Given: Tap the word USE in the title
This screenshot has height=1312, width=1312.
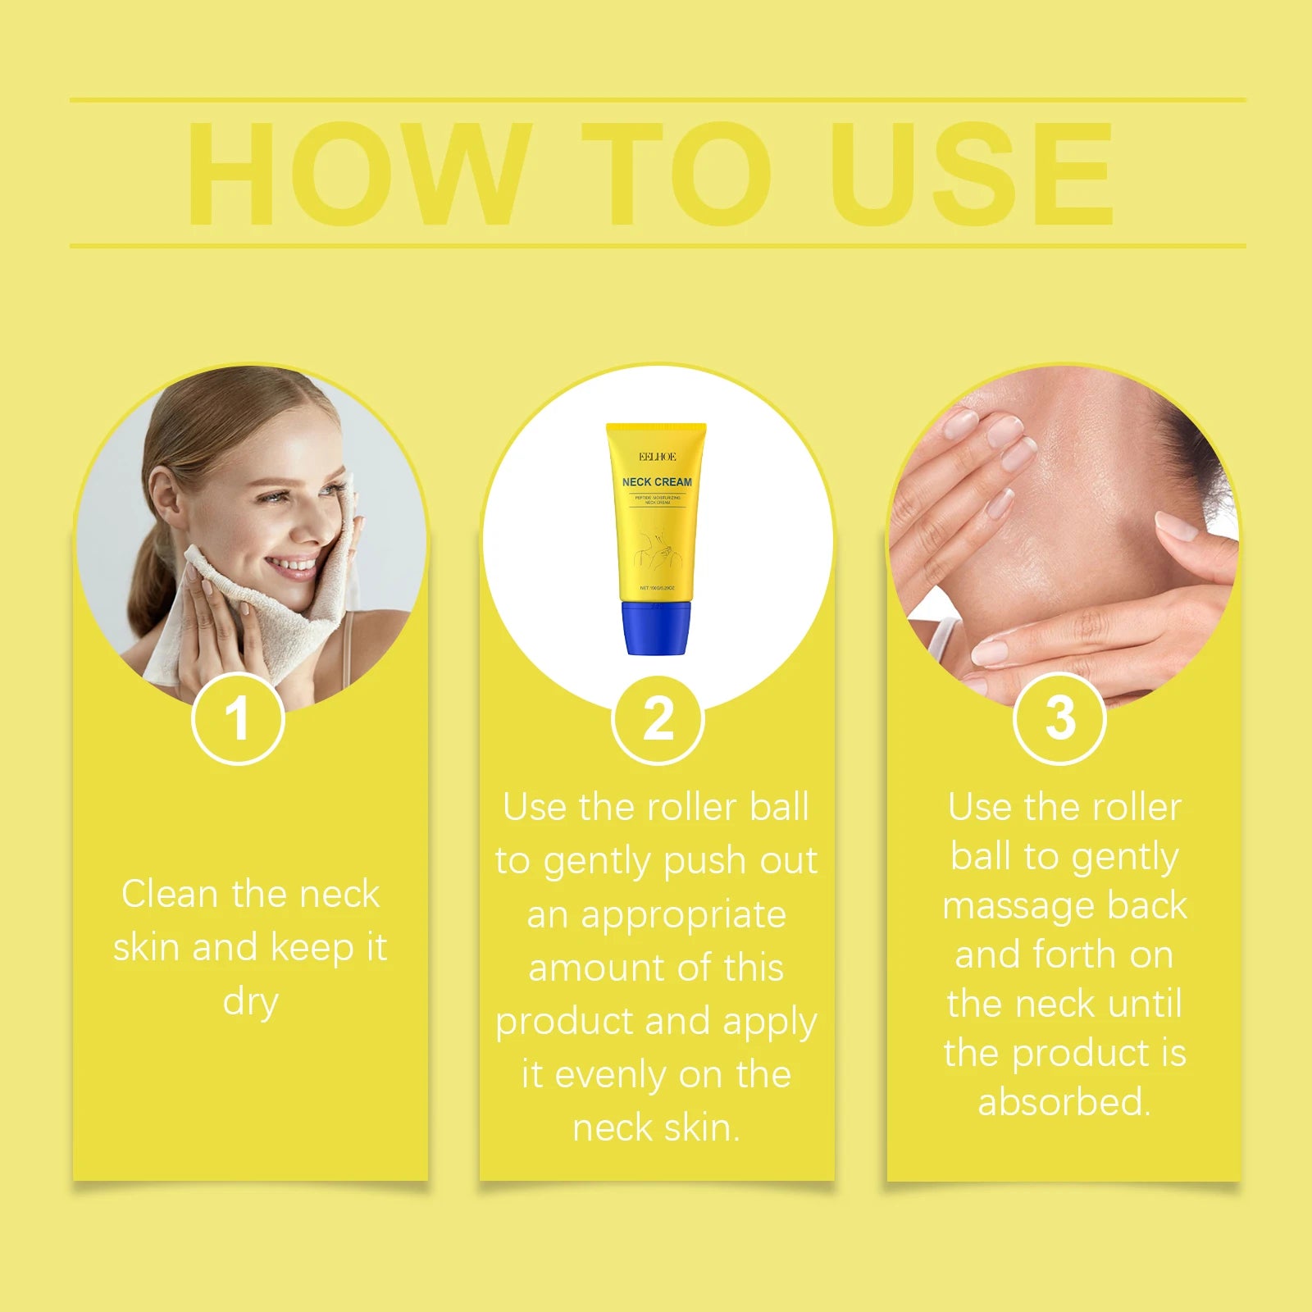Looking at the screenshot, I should click(973, 174).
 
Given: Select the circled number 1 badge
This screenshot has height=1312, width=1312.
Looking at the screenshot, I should click(238, 718).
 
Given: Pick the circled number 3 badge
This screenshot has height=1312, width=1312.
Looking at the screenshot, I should click(1059, 718).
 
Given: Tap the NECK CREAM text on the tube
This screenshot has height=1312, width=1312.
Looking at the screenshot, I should click(657, 482).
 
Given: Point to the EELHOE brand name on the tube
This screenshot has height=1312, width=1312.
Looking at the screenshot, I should click(657, 457).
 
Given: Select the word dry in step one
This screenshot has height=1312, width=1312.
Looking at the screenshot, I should click(250, 1002).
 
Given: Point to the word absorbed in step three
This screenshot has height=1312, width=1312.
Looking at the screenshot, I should click(1064, 1102).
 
